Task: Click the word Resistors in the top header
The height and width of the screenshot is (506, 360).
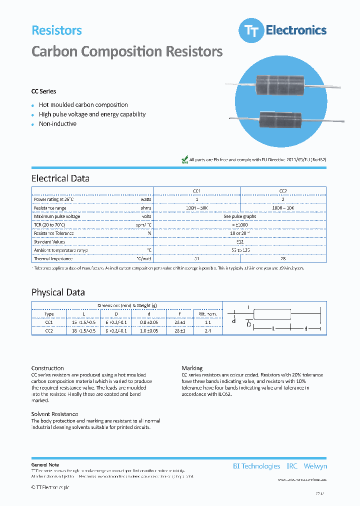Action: point(56,30)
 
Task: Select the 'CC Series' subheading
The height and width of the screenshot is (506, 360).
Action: point(44,91)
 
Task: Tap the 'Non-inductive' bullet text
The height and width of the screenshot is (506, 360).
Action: point(57,124)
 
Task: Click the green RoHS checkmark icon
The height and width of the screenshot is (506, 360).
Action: point(184,159)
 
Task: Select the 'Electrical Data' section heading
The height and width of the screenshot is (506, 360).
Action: point(60,178)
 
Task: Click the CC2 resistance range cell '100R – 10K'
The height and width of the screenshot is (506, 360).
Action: point(283,207)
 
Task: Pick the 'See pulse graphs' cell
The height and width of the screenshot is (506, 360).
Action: point(240,216)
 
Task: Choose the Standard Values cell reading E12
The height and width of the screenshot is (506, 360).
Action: point(240,241)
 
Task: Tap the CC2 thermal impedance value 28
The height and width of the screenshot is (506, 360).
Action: point(283,258)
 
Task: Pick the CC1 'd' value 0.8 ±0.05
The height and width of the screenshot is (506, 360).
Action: point(149,322)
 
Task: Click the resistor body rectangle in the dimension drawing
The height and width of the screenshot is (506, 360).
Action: point(272,314)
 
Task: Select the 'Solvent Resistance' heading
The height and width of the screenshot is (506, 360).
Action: point(54,414)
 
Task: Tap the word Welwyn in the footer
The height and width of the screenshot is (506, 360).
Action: point(315,466)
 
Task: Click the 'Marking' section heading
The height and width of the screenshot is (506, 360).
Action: point(192,368)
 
